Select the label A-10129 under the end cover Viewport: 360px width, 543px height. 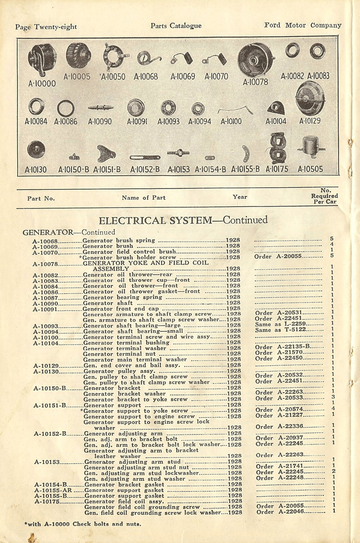coord(310,121)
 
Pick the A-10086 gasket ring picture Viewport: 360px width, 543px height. coord(66,108)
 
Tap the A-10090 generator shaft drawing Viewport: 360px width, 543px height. coord(99,108)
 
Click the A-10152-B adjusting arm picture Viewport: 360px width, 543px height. coord(145,157)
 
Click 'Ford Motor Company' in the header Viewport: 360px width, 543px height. coord(302,25)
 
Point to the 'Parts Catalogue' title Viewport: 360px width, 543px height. coord(176,26)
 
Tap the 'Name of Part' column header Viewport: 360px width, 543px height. coord(143,197)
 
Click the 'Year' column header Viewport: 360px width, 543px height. coord(239,197)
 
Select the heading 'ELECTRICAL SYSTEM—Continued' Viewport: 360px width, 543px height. coord(183,220)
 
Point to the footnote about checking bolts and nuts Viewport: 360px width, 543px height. coord(82,524)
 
